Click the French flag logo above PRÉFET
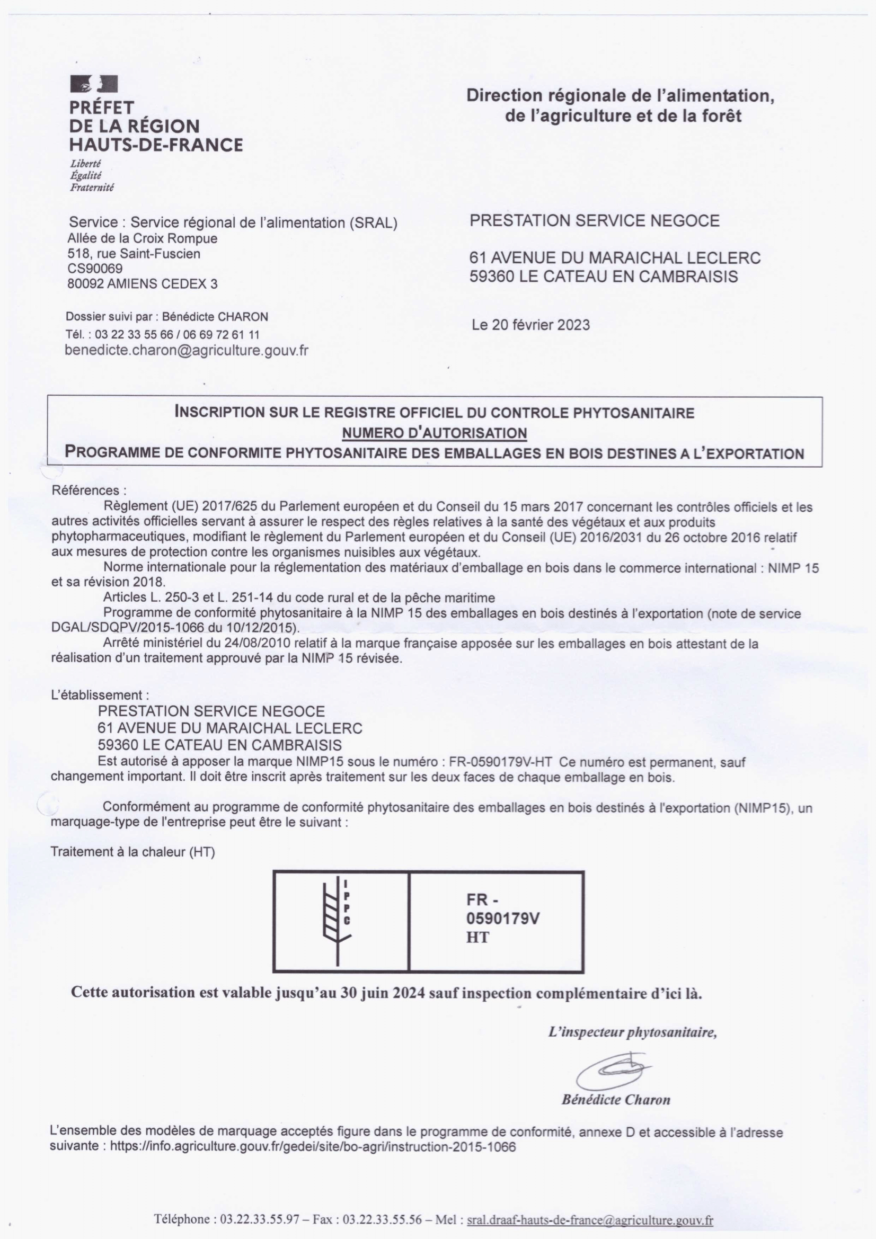pos(94,84)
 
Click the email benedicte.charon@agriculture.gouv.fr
pos(186,350)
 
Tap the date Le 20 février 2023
pos(530,325)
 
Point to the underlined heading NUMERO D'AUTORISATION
pos(435,433)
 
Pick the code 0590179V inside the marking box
pos(503,919)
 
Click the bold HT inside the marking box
pos(477,938)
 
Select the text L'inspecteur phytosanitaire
pos(632,1032)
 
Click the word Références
pos(89,491)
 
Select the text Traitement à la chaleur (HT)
pos(133,852)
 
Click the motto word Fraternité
pos(92,187)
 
